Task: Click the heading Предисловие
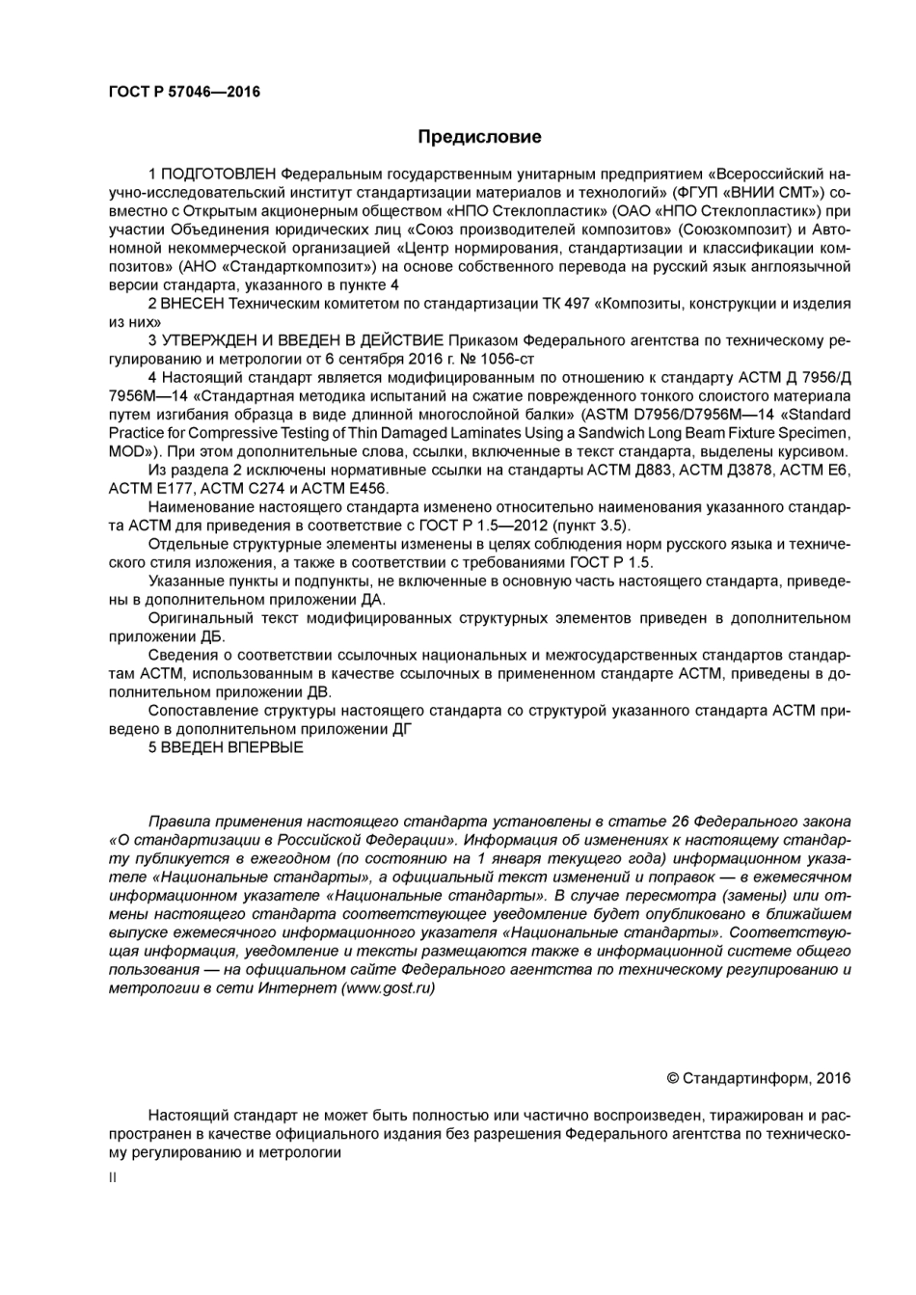(479, 137)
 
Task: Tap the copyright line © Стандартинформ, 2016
(759, 1078)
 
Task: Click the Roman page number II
(112, 1177)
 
